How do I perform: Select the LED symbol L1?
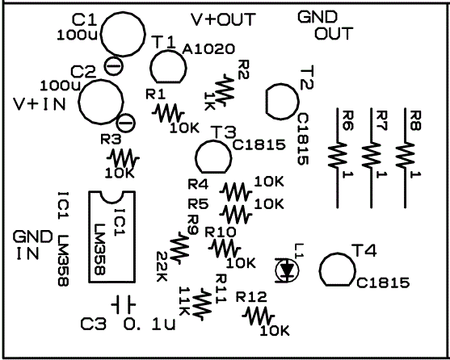287,270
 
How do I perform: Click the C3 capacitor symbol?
123,304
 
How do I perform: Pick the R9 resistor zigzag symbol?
179,248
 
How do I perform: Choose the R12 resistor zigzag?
259,316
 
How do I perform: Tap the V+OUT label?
223,19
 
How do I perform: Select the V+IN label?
40,104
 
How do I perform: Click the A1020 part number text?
208,49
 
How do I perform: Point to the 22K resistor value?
162,266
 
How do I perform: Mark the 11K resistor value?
183,300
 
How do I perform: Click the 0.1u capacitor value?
149,324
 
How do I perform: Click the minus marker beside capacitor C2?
126,123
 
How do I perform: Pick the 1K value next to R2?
209,101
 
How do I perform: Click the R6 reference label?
348,120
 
